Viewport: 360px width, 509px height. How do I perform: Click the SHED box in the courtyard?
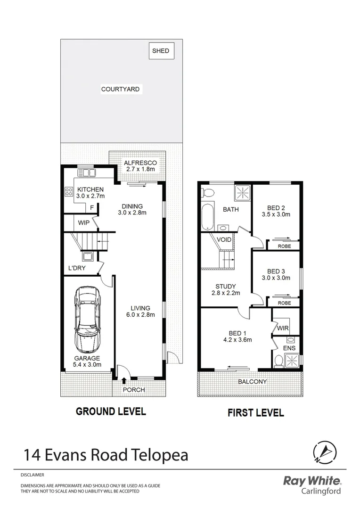click(x=161, y=51)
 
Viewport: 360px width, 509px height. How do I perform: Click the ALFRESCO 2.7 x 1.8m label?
click(x=140, y=166)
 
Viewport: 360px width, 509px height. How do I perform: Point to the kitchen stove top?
click(x=67, y=192)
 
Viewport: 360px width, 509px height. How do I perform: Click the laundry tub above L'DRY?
click(x=88, y=257)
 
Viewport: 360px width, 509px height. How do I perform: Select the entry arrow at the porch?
click(x=124, y=381)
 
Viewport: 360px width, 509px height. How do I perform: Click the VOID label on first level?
click(x=224, y=239)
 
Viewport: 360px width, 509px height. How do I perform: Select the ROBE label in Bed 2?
click(x=284, y=246)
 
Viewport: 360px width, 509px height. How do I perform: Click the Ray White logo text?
click(x=311, y=481)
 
